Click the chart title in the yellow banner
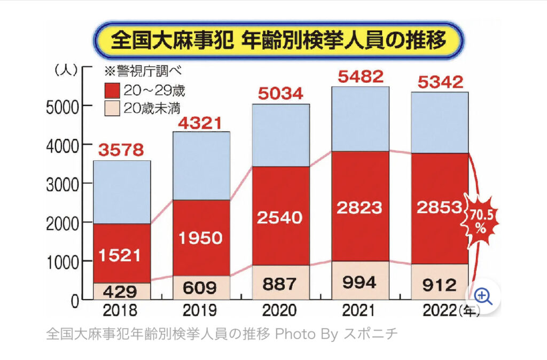(278, 41)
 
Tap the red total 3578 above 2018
(121, 150)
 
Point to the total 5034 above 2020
(280, 94)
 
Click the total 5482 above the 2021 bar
(360, 76)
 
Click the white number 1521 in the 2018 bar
(121, 256)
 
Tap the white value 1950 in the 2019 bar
(201, 238)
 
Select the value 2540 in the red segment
(280, 217)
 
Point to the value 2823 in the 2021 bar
(360, 207)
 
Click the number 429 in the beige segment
(121, 292)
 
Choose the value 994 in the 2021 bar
(360, 282)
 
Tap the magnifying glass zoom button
(483, 295)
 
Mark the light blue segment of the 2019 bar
(201, 166)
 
